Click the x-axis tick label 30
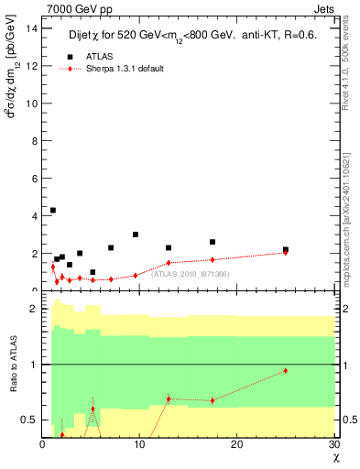tap(333, 445)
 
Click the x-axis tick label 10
tap(139, 445)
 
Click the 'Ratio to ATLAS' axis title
tap(12, 366)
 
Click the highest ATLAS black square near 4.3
tap(53, 210)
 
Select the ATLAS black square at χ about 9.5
tap(136, 234)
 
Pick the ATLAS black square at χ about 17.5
tap(213, 242)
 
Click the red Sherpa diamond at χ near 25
tap(285, 252)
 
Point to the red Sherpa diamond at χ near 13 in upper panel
tap(169, 263)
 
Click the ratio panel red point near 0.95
tap(285, 370)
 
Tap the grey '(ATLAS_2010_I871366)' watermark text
tap(191, 274)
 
